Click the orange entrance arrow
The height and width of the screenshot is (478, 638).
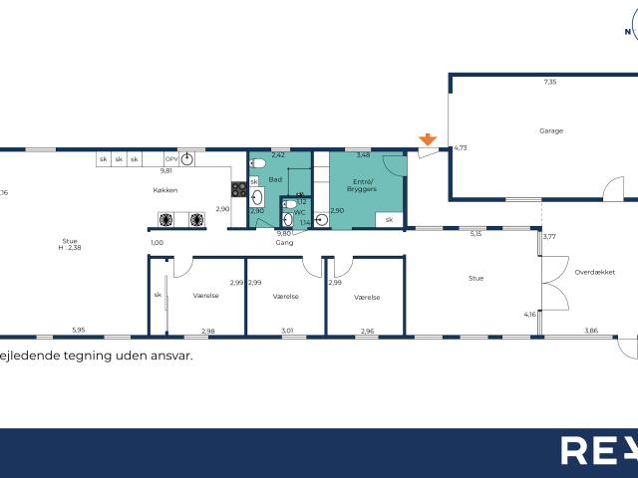pyautogui.click(x=427, y=140)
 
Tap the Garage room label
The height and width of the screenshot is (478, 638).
pyautogui.click(x=551, y=130)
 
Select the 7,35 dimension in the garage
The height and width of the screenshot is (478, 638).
pyautogui.click(x=549, y=83)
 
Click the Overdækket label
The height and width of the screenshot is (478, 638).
pyautogui.click(x=591, y=270)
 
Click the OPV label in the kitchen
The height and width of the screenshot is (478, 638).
pyautogui.click(x=170, y=159)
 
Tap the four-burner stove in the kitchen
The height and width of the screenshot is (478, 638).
pyautogui.click(x=239, y=187)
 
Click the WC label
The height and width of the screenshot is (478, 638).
pyautogui.click(x=299, y=212)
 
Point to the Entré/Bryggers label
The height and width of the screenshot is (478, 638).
pyautogui.click(x=362, y=185)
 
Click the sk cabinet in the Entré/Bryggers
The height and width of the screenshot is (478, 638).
pyautogui.click(x=390, y=219)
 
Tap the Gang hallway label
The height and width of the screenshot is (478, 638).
pyautogui.click(x=284, y=242)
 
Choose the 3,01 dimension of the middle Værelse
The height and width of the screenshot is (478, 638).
pyautogui.click(x=287, y=331)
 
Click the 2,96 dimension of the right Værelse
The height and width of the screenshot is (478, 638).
pyautogui.click(x=367, y=331)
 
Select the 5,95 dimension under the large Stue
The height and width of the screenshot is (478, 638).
pyautogui.click(x=78, y=331)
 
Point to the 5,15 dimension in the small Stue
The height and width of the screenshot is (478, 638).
pyautogui.click(x=476, y=234)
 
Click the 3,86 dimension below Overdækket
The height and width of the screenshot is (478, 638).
pyautogui.click(x=590, y=331)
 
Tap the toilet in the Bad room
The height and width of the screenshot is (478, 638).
pyautogui.click(x=256, y=162)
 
